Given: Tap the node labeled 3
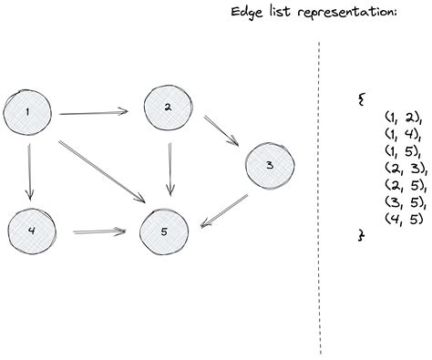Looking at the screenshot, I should pyautogui.click(x=268, y=165).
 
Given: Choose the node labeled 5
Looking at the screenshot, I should pyautogui.click(x=163, y=208).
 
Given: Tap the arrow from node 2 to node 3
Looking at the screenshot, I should pyautogui.click(x=221, y=131).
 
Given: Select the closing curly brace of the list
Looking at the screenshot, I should pyautogui.click(x=362, y=234).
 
